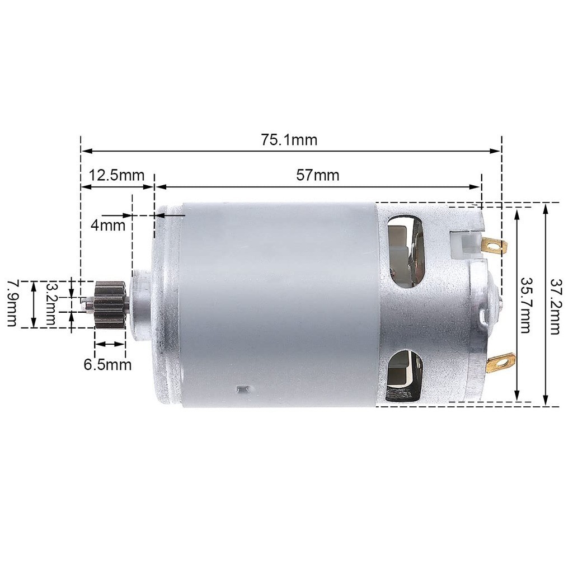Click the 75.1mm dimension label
(x=289, y=139)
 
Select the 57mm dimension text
(x=318, y=175)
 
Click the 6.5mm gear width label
(x=108, y=365)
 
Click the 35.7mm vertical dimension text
(x=525, y=305)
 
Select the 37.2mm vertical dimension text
(x=555, y=305)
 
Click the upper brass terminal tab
(x=495, y=245)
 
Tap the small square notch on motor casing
(x=242, y=388)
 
